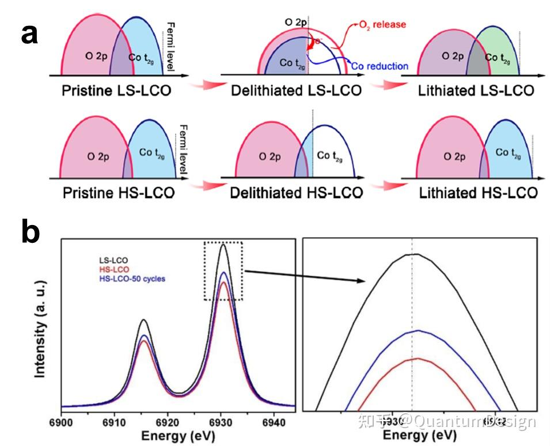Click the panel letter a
tap(29, 33)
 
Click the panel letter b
tap(31, 233)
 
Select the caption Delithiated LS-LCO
tap(296, 90)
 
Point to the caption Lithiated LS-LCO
tap(476, 90)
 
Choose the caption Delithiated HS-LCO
tap(297, 192)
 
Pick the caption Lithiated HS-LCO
tap(478, 192)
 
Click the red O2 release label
tap(381, 25)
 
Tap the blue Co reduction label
tap(380, 66)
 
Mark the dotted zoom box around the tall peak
tap(223, 270)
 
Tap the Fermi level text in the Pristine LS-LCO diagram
tap(170, 46)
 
